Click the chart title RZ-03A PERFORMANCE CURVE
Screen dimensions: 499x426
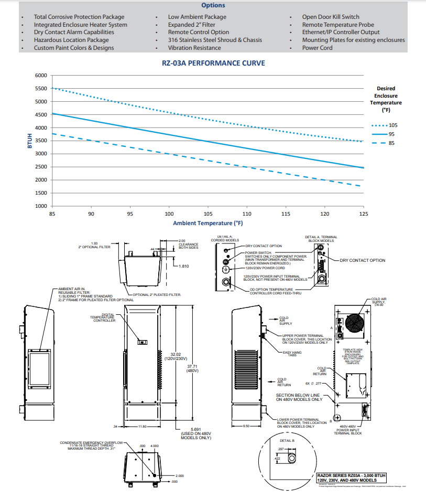click(213, 63)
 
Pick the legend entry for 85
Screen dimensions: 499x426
click(391, 143)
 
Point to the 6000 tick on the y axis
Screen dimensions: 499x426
click(41, 76)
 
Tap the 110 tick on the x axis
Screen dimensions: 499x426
click(247, 214)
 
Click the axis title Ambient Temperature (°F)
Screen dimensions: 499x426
click(208, 223)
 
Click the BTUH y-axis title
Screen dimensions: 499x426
click(30, 140)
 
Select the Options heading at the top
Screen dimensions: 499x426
click(213, 5)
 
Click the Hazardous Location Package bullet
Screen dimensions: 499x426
click(71, 40)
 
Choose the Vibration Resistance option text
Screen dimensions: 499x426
click(194, 48)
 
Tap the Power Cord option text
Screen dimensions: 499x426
click(317, 48)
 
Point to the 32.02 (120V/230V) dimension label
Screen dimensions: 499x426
click(168, 356)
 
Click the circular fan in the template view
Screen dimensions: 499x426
click(354, 325)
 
